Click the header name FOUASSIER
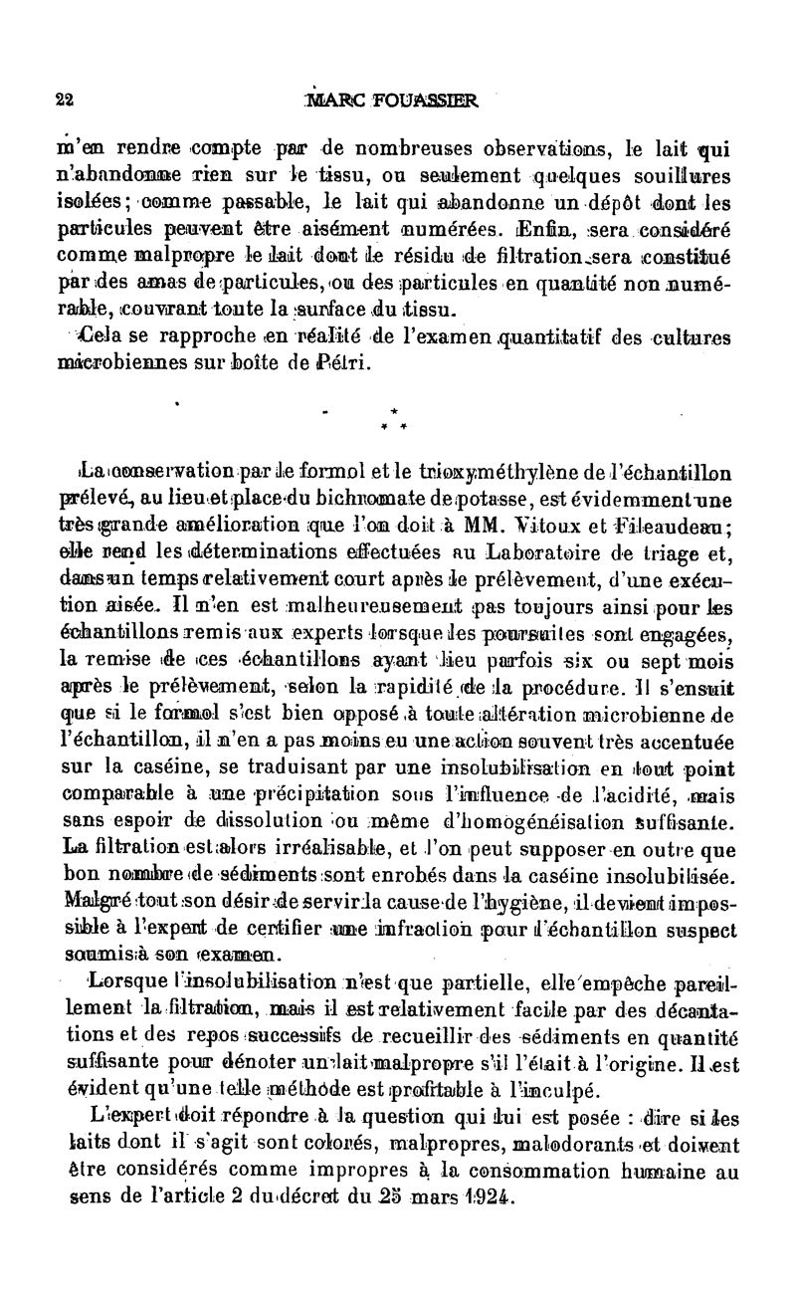pyautogui.click(x=426, y=100)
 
